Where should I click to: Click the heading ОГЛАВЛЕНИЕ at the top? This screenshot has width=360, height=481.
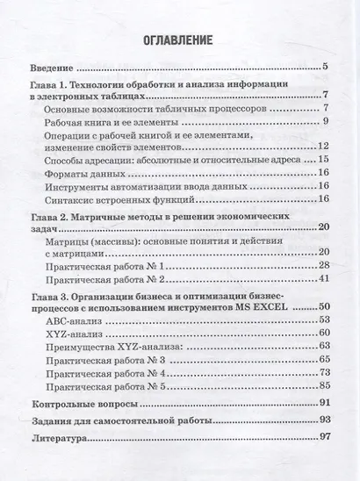pyautogui.click(x=180, y=39)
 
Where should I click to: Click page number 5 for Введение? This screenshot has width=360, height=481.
pyautogui.click(x=325, y=68)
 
